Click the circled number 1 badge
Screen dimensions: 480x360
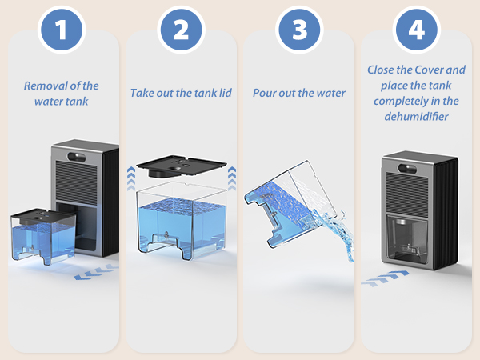tap(62, 30)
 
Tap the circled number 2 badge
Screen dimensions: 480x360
tap(181, 30)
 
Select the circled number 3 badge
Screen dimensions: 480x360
tap(299, 30)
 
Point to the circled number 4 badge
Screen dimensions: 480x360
tap(417, 30)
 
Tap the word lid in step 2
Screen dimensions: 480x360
tap(225, 93)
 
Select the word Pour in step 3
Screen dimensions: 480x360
tap(264, 93)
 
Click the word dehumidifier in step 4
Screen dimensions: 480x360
tap(416, 116)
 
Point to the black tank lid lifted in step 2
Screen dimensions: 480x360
tap(182, 166)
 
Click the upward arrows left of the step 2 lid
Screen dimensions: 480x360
tap(131, 178)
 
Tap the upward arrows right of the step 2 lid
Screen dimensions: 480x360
tap(232, 178)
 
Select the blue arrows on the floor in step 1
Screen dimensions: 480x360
tap(96, 271)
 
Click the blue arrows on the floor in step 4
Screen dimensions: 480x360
tap(385, 278)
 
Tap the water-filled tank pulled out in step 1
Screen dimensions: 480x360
tap(43, 236)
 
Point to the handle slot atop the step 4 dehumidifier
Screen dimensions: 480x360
tap(407, 168)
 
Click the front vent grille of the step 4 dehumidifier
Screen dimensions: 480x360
tap(407, 192)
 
